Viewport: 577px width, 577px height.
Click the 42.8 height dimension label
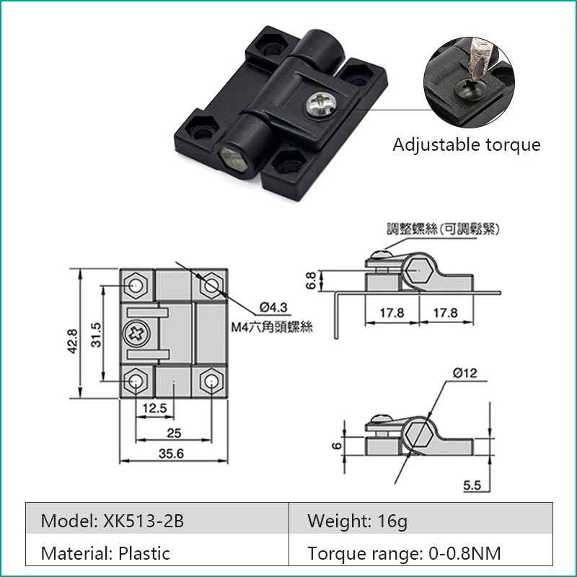pyautogui.click(x=73, y=341)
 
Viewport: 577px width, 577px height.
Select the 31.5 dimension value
pyautogui.click(x=96, y=335)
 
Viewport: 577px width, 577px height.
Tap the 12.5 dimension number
pyautogui.click(x=154, y=408)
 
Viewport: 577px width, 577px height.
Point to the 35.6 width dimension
pyautogui.click(x=171, y=454)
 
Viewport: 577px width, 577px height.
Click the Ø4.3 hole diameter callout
pyautogui.click(x=273, y=307)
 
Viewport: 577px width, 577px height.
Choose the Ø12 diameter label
pyautogui.click(x=464, y=373)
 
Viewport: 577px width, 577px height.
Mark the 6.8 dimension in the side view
pyautogui.click(x=311, y=281)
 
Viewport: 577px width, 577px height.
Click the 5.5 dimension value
pyautogui.click(x=472, y=485)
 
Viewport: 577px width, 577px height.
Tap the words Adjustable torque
pyautogui.click(x=467, y=145)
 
